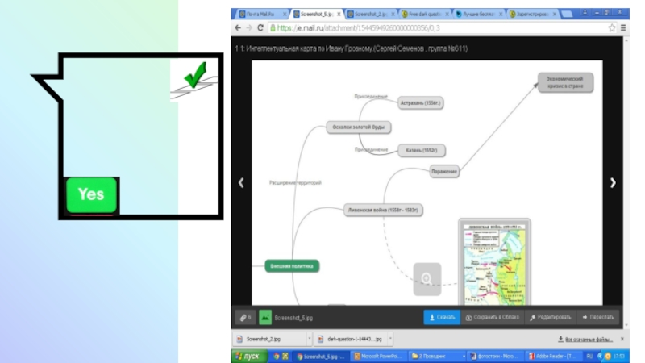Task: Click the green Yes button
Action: point(91,195)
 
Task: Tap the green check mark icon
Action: point(193,78)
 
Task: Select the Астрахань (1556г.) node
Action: point(422,103)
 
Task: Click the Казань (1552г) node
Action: point(422,151)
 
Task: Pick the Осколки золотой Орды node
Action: point(360,127)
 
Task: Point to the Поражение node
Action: point(444,171)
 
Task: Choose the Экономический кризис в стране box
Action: point(565,82)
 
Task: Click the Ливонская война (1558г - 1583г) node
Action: point(384,210)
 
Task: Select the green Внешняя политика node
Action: point(292,265)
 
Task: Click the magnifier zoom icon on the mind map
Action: point(427,278)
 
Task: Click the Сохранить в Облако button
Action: point(493,318)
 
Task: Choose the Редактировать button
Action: point(551,318)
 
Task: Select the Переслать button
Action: point(597,318)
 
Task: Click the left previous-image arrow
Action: point(241,183)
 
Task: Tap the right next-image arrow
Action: point(613,183)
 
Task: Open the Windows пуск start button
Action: point(248,356)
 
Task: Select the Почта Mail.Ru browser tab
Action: point(259,14)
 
